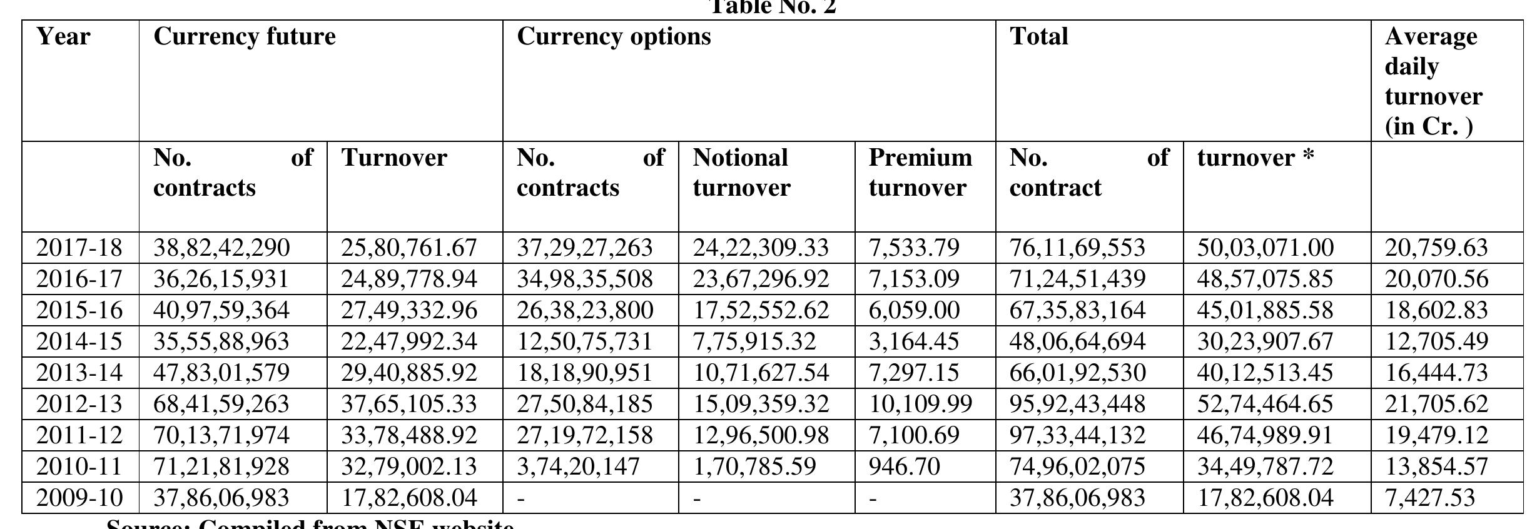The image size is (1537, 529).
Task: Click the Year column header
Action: (x=63, y=37)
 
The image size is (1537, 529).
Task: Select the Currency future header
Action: (x=244, y=37)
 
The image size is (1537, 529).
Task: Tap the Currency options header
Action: (x=613, y=37)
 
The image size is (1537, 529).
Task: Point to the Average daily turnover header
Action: (x=1433, y=81)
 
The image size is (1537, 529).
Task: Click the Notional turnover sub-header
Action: (x=741, y=173)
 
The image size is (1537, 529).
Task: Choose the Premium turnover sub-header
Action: (x=920, y=173)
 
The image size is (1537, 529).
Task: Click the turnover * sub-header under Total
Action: (x=1255, y=158)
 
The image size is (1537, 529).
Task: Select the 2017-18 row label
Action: (x=79, y=248)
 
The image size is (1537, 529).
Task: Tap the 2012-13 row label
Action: (x=79, y=404)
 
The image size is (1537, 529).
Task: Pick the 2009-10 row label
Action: (x=79, y=498)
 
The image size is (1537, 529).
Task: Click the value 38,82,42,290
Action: (x=221, y=248)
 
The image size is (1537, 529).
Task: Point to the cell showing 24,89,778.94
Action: (x=408, y=280)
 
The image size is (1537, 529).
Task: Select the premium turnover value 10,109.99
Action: (x=920, y=404)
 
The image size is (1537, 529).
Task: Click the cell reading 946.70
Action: (x=904, y=466)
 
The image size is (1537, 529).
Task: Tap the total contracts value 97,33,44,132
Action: (x=1077, y=435)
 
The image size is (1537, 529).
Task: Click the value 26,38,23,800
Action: (x=584, y=311)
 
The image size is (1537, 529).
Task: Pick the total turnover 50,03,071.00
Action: (x=1265, y=248)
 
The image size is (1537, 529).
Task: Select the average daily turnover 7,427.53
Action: (x=1429, y=498)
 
